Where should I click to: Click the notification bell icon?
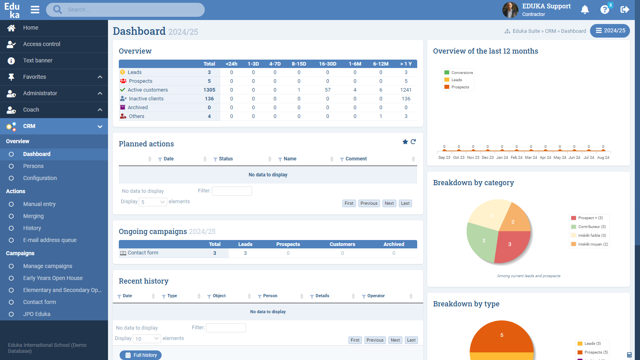(x=585, y=10)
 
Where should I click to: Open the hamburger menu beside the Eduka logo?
(x=35, y=10)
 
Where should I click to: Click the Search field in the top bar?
(x=132, y=10)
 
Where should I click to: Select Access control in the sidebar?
(x=42, y=44)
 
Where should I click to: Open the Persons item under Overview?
(x=33, y=166)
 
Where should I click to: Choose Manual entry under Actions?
(x=39, y=204)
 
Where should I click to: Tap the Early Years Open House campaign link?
(x=53, y=278)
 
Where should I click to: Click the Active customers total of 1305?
(x=209, y=90)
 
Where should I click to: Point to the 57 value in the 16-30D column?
(x=328, y=90)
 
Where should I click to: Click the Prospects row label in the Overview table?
(x=140, y=81)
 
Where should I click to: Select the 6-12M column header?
(x=381, y=64)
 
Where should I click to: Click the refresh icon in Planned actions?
(x=413, y=142)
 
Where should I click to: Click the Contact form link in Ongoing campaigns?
(x=143, y=253)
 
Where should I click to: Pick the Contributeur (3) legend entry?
(x=592, y=227)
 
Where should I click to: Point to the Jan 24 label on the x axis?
(x=502, y=158)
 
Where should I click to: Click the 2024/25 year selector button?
(x=610, y=31)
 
